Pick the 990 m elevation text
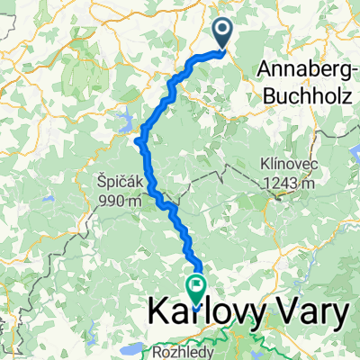pyautogui.click(x=121, y=200)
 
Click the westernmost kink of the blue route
pyautogui.click(x=137, y=139)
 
